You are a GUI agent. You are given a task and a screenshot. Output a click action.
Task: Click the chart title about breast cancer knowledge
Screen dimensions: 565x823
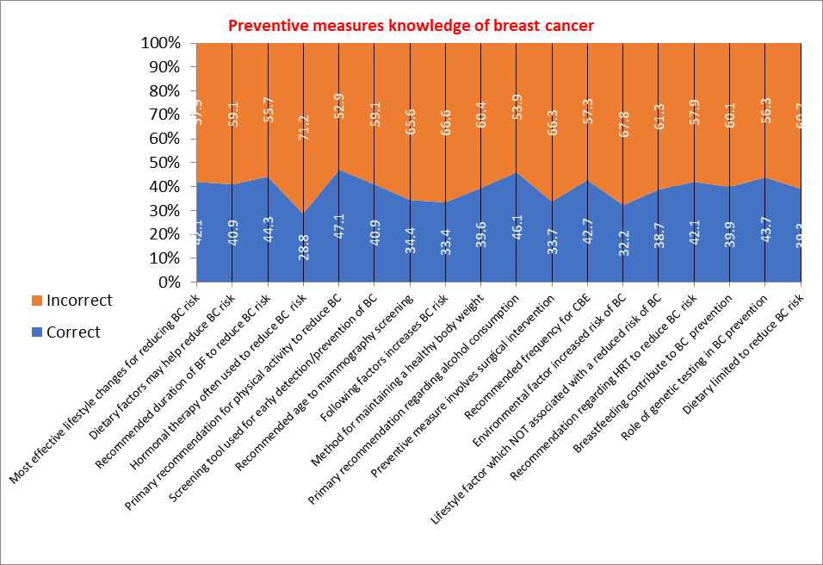[x=411, y=26]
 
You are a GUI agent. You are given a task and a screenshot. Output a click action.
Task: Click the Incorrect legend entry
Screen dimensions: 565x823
[x=79, y=301]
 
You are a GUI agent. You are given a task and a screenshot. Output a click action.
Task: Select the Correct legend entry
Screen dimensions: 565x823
[x=74, y=332]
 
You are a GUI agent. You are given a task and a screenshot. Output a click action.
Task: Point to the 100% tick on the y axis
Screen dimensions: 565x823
[x=161, y=43]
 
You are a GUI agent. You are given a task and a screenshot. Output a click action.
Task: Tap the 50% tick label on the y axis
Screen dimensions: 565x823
[x=164, y=163]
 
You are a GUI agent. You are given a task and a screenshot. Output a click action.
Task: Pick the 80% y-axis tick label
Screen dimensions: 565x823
[x=164, y=91]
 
